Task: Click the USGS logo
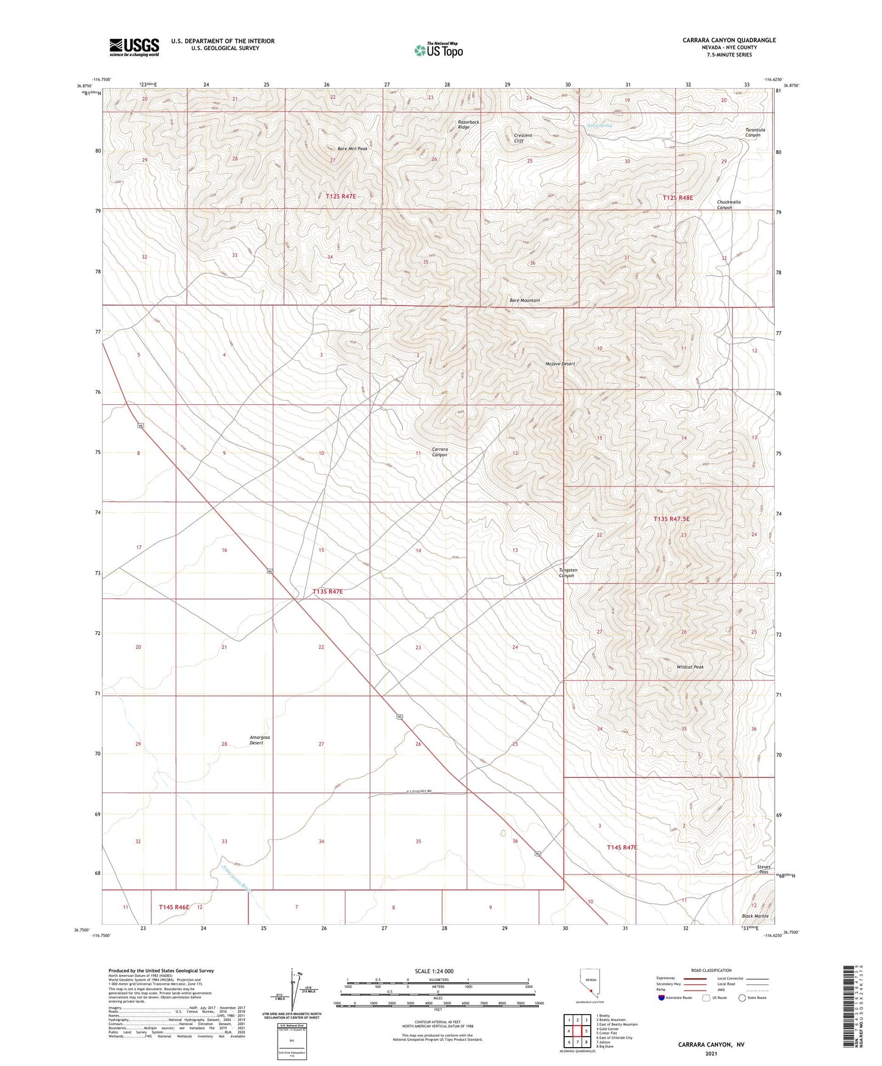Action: [x=134, y=47]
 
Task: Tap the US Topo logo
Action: [x=439, y=49]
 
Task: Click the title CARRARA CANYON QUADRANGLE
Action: [x=729, y=40]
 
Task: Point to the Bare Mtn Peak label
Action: [x=353, y=149]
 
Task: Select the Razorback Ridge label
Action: [x=468, y=125]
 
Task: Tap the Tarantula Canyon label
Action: [x=755, y=132]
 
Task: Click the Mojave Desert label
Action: [x=560, y=364]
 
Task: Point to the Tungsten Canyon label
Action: [x=568, y=573]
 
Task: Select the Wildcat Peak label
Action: [x=690, y=667]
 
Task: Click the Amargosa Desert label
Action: [x=259, y=740]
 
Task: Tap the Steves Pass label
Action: [x=764, y=869]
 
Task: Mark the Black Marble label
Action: [x=755, y=916]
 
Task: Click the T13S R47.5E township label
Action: [x=671, y=519]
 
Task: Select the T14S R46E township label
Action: [x=174, y=907]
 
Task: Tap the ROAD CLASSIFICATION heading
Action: [x=711, y=970]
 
